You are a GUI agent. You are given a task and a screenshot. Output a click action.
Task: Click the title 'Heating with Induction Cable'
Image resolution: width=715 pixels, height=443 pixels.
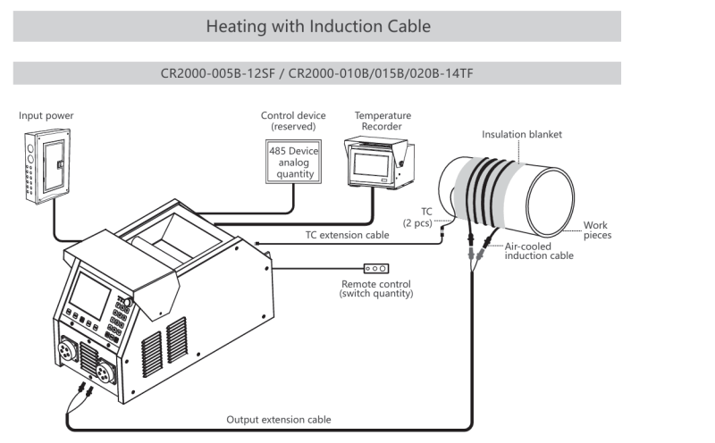click(317, 27)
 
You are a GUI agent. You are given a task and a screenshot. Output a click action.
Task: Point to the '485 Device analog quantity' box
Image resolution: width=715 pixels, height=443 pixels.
click(293, 162)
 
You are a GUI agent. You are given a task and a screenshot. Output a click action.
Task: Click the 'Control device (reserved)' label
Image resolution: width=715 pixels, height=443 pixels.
click(293, 121)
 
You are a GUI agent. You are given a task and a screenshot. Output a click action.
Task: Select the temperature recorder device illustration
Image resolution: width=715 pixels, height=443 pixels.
click(378, 162)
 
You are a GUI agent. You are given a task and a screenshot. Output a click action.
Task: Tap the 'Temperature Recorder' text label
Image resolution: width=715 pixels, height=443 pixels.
click(383, 121)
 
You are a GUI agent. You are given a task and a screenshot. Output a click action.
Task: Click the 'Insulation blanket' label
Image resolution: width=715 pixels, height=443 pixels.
click(522, 135)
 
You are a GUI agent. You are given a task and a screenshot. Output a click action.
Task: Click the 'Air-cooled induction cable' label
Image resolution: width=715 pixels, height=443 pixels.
click(539, 251)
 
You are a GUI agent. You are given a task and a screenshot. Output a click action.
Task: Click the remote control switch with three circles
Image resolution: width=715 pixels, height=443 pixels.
click(375, 268)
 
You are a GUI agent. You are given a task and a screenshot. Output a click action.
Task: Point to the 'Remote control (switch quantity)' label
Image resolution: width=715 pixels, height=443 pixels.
click(377, 288)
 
